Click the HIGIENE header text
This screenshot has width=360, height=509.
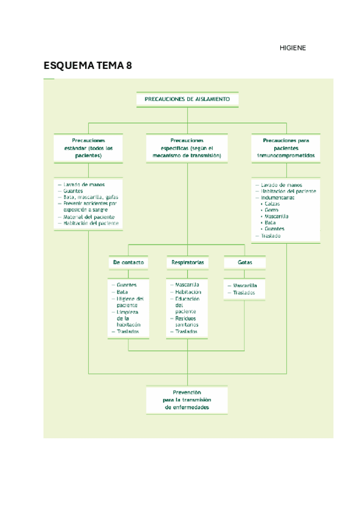click(x=293, y=48)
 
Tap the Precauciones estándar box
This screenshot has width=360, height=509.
click(x=88, y=148)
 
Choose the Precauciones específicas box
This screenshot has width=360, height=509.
click(x=187, y=148)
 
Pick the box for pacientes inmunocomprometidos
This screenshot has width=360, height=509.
click(x=286, y=148)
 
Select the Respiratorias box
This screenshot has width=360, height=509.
click(x=187, y=263)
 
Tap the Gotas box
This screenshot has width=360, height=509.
click(x=244, y=263)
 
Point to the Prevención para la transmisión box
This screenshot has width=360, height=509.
click(x=187, y=400)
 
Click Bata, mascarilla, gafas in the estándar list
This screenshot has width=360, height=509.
click(x=91, y=197)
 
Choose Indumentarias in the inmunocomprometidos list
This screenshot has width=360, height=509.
click(x=277, y=197)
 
